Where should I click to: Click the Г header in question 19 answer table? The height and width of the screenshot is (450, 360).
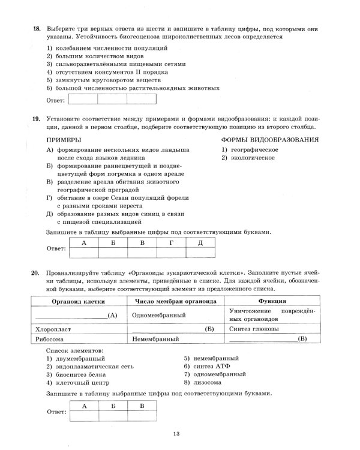click(172, 242)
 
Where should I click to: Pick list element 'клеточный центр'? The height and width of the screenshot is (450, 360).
click(79, 382)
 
